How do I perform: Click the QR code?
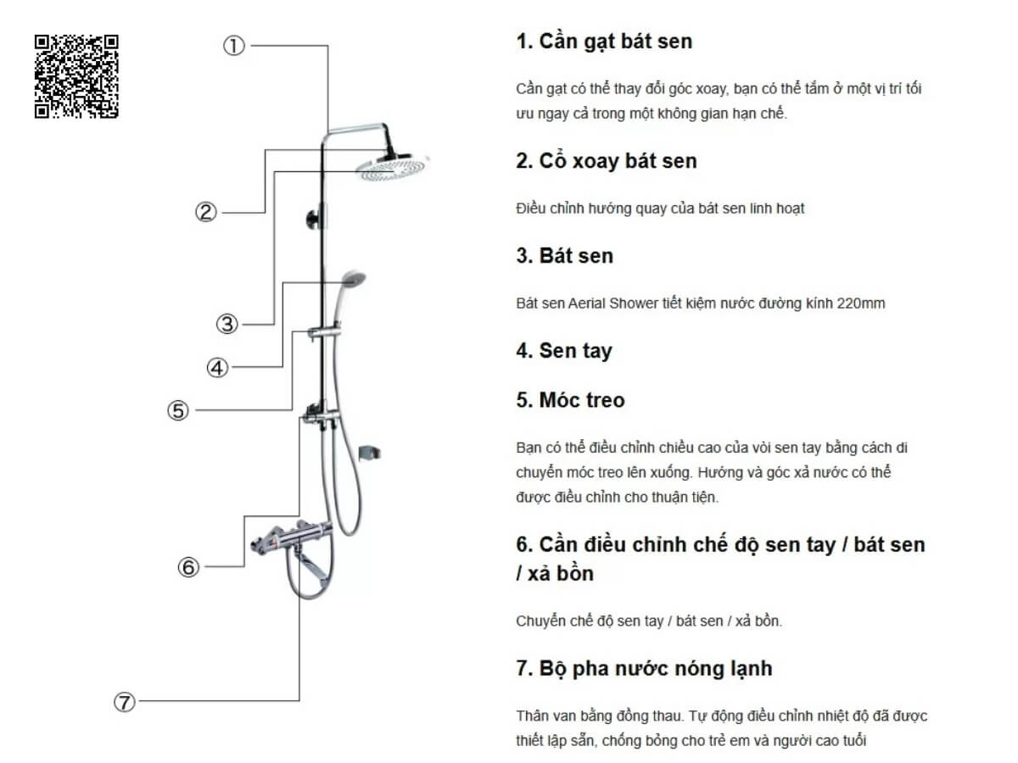point(76,76)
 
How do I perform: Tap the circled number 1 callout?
point(234,46)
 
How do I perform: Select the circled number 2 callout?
point(206,212)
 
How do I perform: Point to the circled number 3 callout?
point(227,324)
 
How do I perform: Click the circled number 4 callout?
point(217,368)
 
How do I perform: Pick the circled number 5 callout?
point(178,410)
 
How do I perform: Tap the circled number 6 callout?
point(189,566)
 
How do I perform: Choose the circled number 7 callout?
point(125,701)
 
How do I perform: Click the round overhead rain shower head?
point(393,168)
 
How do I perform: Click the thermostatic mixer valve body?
point(292,539)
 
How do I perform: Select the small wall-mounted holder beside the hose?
point(370,453)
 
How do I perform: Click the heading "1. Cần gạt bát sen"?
point(604,42)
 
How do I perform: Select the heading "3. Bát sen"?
point(564,256)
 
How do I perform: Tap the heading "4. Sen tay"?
point(564,351)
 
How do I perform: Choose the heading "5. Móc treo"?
point(570,400)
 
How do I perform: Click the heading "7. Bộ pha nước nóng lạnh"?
point(644,669)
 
